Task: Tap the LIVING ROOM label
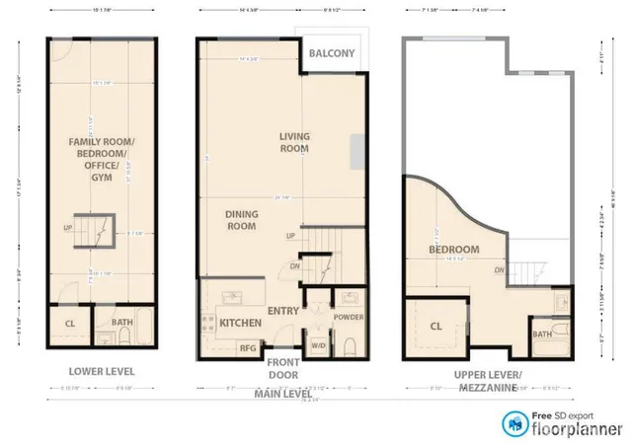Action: point(293,142)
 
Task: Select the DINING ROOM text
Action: point(241,219)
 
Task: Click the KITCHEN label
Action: point(240,323)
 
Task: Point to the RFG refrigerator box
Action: point(248,348)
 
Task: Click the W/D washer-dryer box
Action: point(318,346)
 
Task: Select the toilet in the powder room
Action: point(349,344)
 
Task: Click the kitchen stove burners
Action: point(210,321)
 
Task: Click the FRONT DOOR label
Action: point(284,368)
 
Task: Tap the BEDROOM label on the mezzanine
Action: point(453,250)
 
